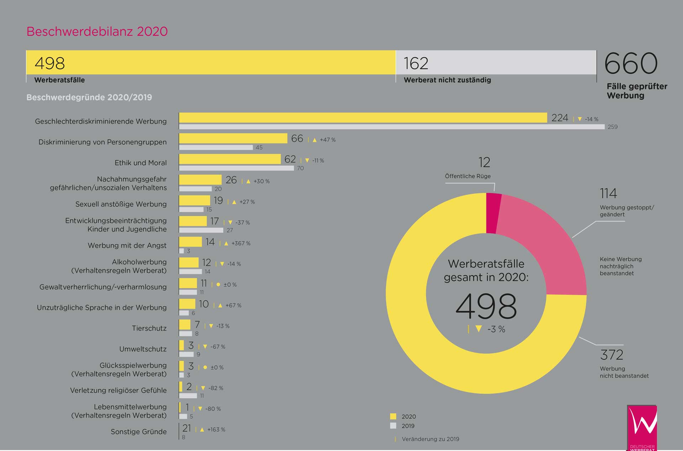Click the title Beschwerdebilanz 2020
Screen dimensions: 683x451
pos(97,31)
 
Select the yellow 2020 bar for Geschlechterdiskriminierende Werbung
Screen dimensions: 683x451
pos(363,118)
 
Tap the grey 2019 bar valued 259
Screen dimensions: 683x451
pos(392,127)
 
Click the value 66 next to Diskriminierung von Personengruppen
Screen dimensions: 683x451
pos(297,138)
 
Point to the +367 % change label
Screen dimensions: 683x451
pos(241,243)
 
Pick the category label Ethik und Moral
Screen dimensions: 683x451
pos(141,163)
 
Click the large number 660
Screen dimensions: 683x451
pos(631,63)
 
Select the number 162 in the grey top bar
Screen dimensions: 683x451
pos(416,63)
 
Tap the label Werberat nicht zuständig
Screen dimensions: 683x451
pos(447,80)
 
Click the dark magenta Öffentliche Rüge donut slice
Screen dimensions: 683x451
pos(493,213)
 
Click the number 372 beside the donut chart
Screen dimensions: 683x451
pos(611,355)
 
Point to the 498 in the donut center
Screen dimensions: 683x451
pos(486,306)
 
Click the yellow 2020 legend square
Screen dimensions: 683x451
pos(393,416)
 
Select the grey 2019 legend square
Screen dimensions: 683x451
pos(393,425)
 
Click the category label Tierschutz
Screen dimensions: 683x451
pos(149,328)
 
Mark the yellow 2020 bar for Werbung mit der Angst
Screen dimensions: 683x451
pos(190,242)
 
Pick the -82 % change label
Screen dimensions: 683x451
pos(216,388)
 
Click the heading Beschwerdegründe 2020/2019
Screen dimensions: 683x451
pos(89,97)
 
